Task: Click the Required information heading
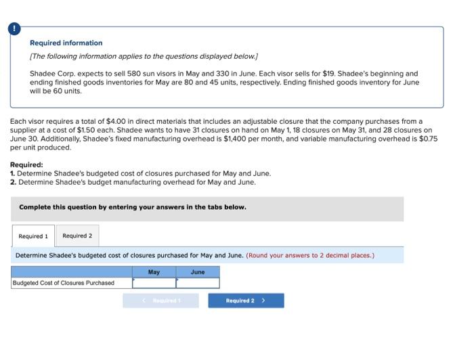pyautogui.click(x=66, y=43)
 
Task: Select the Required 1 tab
pyautogui.click(x=33, y=236)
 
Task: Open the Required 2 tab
pyautogui.click(x=77, y=236)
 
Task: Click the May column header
pyautogui.click(x=154, y=272)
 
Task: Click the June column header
pyautogui.click(x=198, y=272)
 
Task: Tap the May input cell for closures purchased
pyautogui.click(x=154, y=283)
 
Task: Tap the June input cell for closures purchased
pyautogui.click(x=198, y=283)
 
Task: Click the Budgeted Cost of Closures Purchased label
pyautogui.click(x=64, y=283)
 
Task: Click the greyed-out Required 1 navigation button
pyautogui.click(x=160, y=300)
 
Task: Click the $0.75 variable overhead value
pyautogui.click(x=427, y=138)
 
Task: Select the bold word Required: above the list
pyautogui.click(x=26, y=164)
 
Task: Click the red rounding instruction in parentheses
pyautogui.click(x=310, y=256)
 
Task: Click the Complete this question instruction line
pyautogui.click(x=133, y=207)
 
